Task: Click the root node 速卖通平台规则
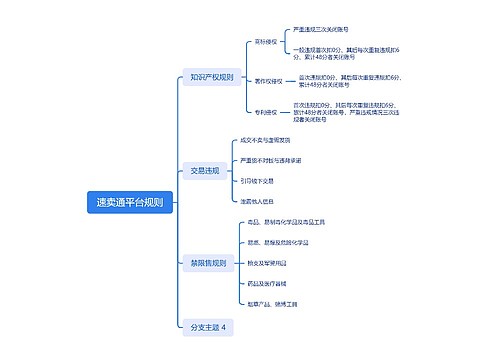coord(131,201)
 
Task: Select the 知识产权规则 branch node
coord(211,77)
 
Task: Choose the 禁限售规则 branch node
coord(207,263)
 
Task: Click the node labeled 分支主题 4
coord(208,327)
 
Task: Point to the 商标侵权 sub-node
coord(266,43)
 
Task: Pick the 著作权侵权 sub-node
coord(269,80)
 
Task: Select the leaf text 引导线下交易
coord(257,181)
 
